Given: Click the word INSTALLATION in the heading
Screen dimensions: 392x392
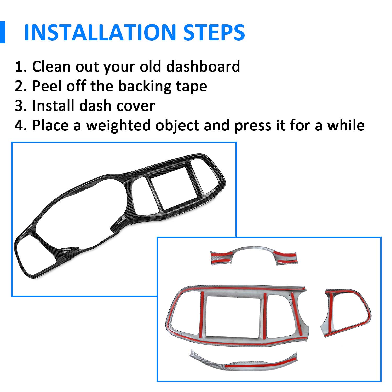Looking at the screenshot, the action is tap(100, 32).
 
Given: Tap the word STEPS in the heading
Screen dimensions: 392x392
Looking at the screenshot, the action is tap(214, 32).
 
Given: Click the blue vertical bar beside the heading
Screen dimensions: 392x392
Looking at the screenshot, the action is tap(2, 32).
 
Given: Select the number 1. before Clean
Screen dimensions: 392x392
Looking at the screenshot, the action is tap(21, 67).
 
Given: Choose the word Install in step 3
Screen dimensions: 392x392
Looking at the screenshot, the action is tap(54, 106).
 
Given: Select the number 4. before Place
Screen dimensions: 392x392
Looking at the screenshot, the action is tap(21, 125).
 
